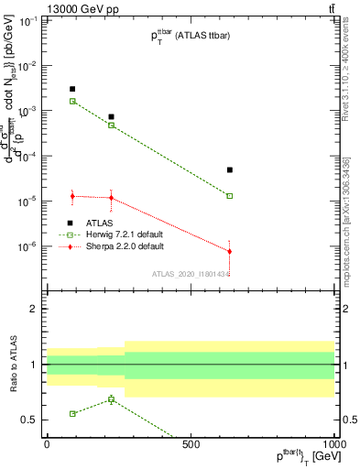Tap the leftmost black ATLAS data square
click(x=72, y=89)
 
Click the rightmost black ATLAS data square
click(x=230, y=169)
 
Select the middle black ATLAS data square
click(x=111, y=117)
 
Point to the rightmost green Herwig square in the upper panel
click(x=230, y=196)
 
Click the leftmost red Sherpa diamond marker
click(x=72, y=196)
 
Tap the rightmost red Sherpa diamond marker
click(x=230, y=251)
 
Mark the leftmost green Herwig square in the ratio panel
click(x=72, y=413)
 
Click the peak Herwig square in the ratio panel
click(x=111, y=399)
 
